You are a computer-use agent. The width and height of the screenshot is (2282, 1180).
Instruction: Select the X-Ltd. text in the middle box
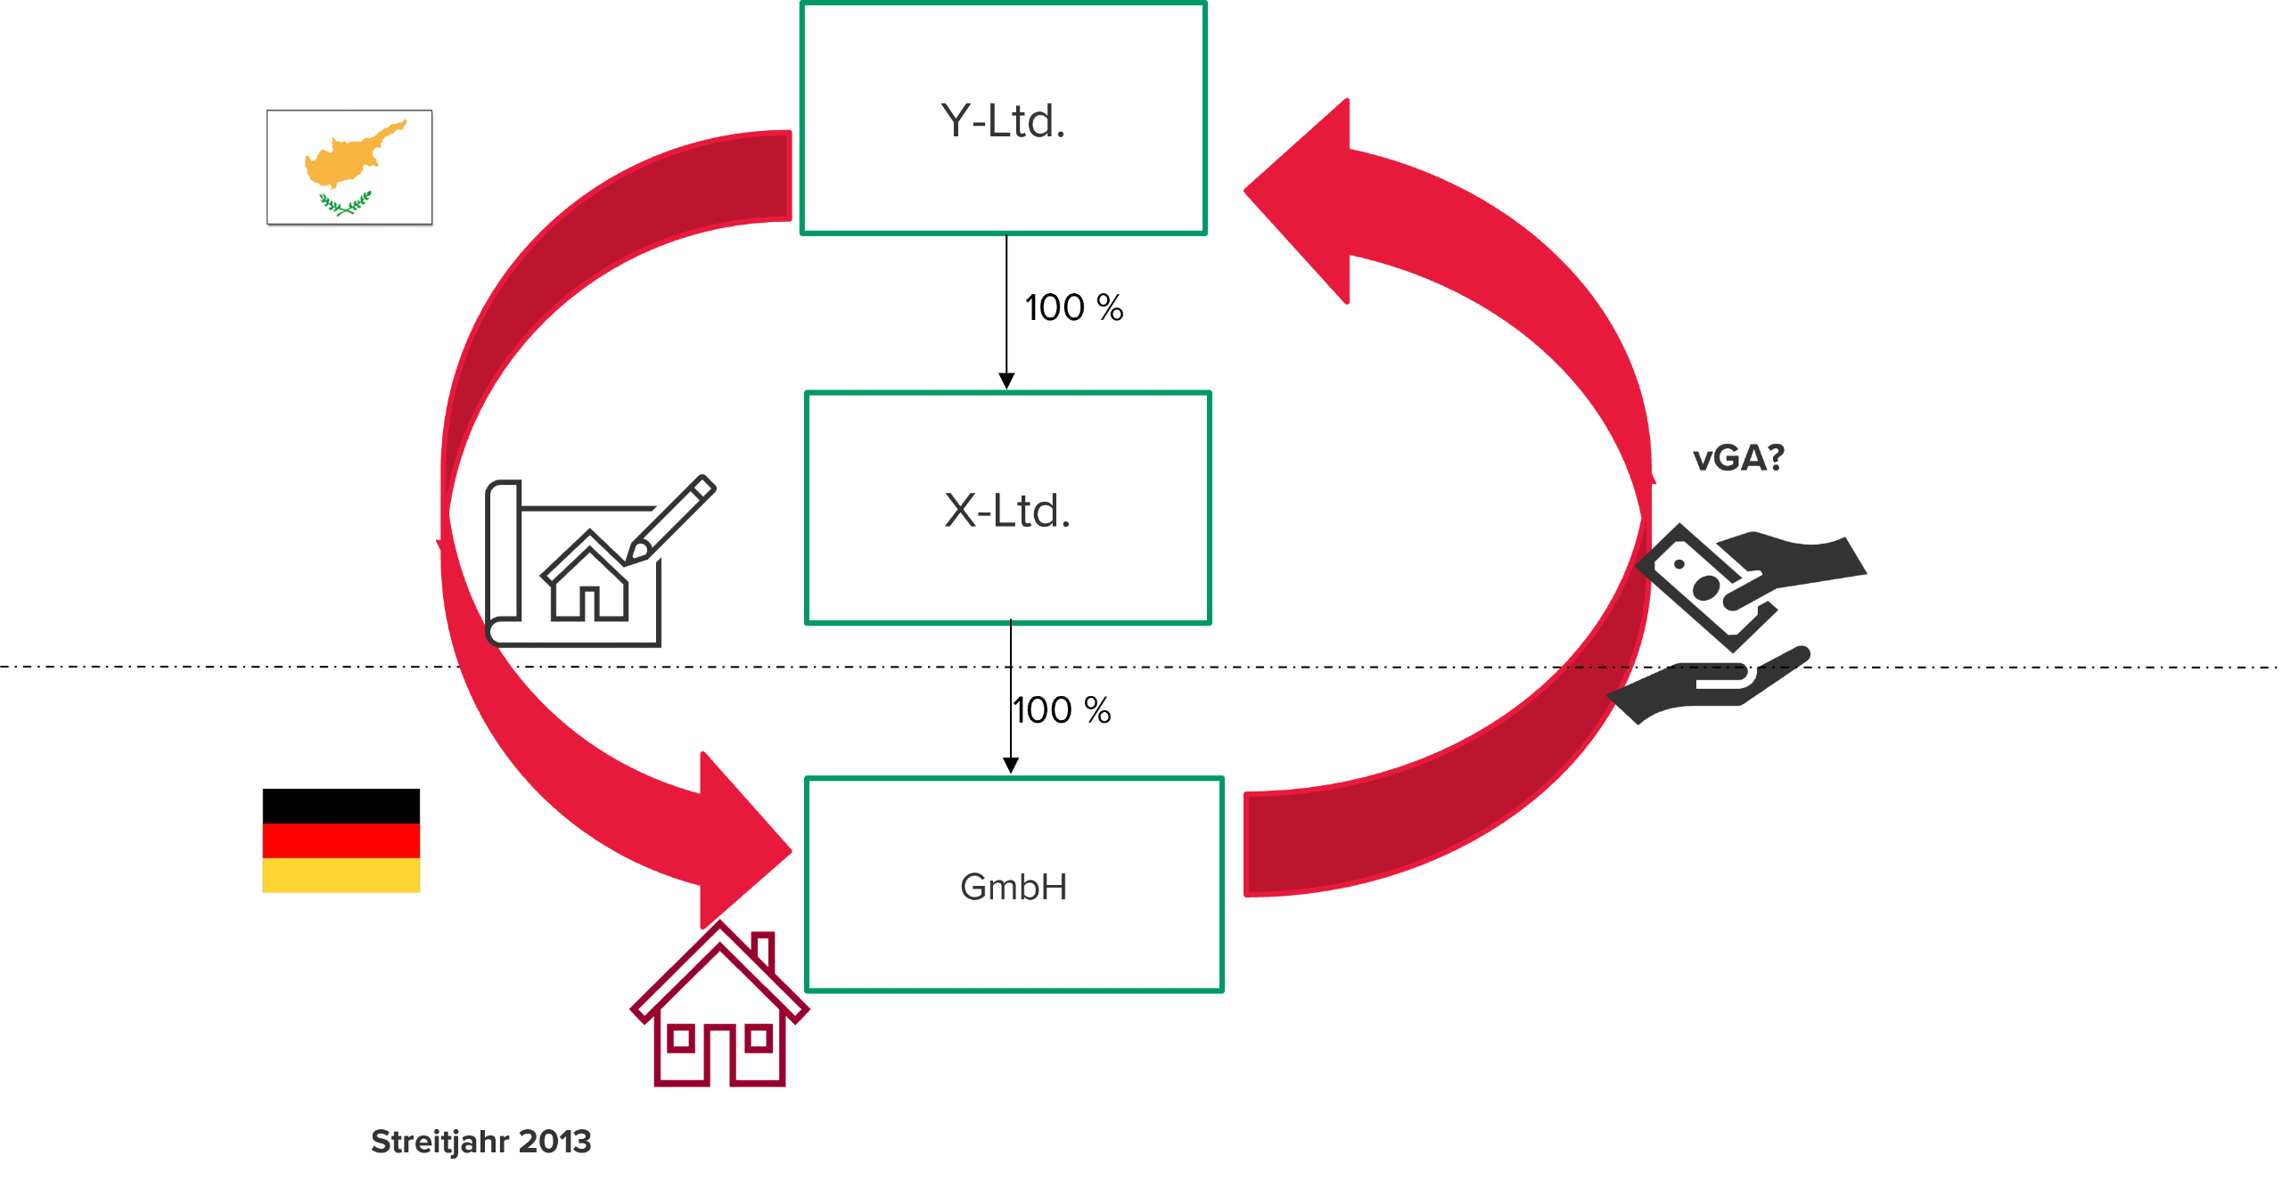point(1007,511)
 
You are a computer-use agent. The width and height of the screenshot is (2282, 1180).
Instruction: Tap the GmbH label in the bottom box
point(1014,887)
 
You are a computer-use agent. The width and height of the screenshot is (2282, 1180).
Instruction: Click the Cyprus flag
point(349,168)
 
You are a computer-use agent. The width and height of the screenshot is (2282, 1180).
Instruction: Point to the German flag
point(341,840)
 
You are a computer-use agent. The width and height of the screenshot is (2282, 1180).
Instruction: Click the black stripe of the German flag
point(341,806)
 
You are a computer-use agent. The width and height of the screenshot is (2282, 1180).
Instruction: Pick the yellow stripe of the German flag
point(341,875)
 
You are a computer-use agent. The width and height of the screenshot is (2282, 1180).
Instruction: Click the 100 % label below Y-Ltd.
point(1074,307)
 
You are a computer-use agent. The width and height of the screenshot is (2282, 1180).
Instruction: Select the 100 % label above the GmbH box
point(1062,710)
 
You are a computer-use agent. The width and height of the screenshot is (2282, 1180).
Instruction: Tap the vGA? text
point(1738,458)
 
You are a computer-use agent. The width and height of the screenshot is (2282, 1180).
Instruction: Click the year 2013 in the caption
point(554,1142)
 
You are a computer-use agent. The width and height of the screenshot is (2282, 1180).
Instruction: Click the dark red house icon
point(719,1004)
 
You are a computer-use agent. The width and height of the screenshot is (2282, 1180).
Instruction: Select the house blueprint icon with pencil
point(599,561)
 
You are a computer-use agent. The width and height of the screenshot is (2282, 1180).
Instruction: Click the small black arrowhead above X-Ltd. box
point(1006,381)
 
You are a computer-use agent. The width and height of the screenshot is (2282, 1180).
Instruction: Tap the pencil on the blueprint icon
point(670,519)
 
